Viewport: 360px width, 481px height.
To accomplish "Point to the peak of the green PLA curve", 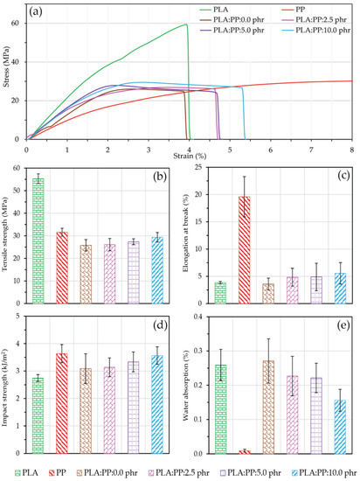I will pos(187,24).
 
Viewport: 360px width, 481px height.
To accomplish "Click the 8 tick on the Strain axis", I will pos(351,147).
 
